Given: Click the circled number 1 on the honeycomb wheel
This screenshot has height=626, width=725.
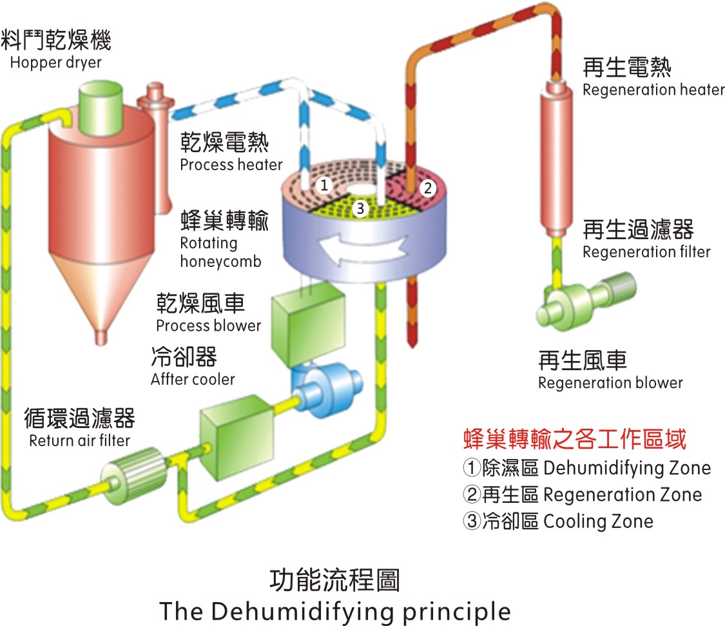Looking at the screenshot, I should [325, 186].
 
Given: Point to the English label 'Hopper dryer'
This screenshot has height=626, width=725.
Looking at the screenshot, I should [56, 63].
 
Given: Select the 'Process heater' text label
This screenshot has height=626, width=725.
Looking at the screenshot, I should [231, 164].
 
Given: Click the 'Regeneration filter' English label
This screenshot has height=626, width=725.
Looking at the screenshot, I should [646, 251].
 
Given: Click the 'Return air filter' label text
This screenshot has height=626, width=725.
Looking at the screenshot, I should [79, 441].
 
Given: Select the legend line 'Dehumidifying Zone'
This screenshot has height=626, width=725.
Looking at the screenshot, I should [586, 467].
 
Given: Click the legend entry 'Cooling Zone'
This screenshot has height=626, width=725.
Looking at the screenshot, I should [558, 521].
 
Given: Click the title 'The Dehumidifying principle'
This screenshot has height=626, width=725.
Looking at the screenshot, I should [334, 611].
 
